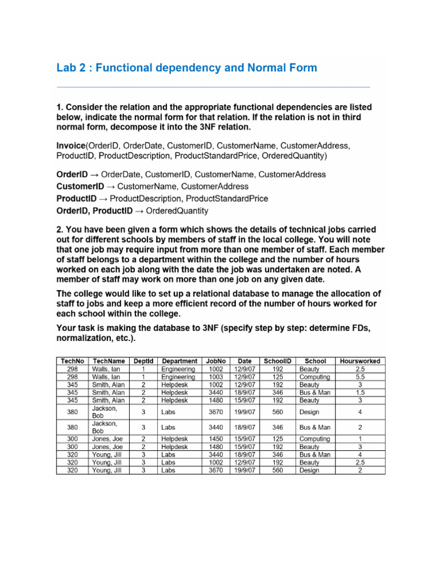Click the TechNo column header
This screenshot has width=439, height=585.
72,361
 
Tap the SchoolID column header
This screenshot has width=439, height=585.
277,361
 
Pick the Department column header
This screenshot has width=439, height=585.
179,361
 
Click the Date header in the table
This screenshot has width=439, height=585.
245,361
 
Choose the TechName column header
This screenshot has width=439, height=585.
109,361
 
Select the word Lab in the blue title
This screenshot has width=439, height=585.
66,68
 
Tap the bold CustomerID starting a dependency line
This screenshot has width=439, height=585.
80,186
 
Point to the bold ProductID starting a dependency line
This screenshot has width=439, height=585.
77,198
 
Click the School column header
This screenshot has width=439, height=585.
316,361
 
